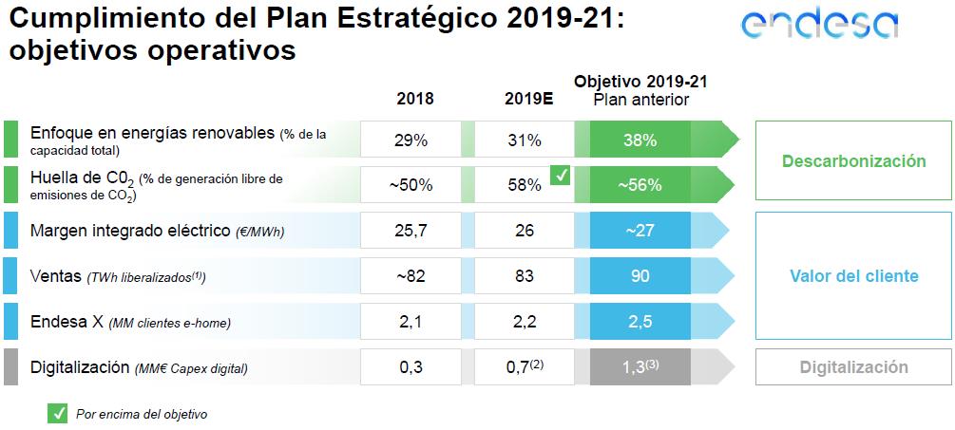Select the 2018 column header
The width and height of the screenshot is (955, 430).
click(x=415, y=99)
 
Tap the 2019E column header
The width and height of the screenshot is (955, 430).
click(x=529, y=99)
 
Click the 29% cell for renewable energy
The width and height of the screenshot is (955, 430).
click(x=411, y=140)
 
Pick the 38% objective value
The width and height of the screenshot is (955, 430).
click(x=640, y=140)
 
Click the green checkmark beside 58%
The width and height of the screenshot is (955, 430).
click(x=561, y=175)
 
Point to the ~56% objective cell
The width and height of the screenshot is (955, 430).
click(x=640, y=185)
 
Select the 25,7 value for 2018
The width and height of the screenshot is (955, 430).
click(x=411, y=231)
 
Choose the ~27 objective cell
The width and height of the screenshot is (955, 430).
click(x=640, y=231)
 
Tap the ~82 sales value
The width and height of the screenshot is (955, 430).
click(x=411, y=276)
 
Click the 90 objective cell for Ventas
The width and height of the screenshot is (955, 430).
click(x=640, y=276)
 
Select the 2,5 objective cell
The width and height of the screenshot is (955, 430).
click(x=640, y=322)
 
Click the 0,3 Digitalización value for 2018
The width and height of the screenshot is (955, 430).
click(x=411, y=367)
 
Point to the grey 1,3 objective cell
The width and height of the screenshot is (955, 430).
click(x=640, y=367)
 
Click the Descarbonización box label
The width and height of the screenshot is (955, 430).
click(x=853, y=161)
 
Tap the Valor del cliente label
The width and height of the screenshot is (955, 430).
click(x=853, y=276)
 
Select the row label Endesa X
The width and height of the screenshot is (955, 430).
click(x=67, y=322)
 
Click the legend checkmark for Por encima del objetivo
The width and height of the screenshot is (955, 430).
click(x=58, y=413)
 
